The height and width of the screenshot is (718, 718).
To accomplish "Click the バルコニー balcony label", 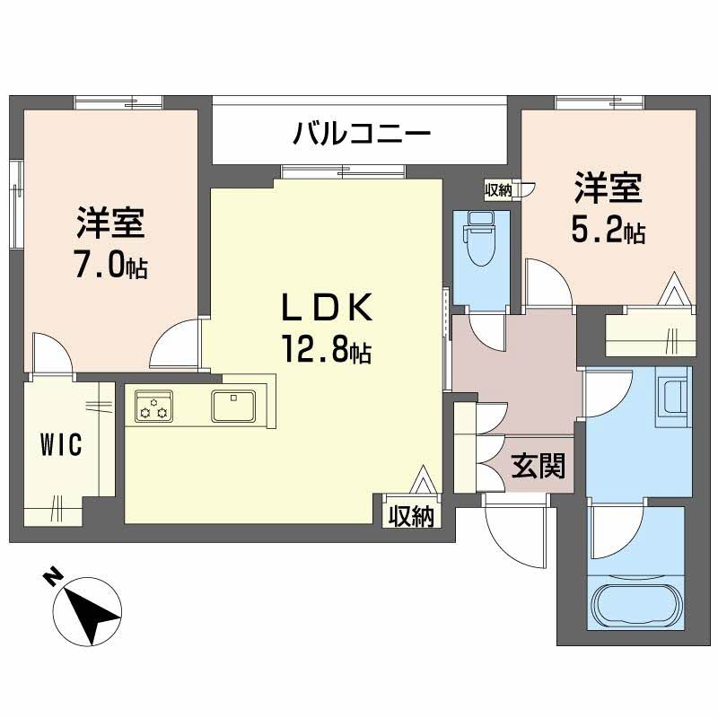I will (363, 135).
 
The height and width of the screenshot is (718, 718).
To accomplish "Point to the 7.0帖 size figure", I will (110, 267).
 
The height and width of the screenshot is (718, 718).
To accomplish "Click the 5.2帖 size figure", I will (608, 231).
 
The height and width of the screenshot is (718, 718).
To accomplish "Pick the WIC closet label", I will (60, 443).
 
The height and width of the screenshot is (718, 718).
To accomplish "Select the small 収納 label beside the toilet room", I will (498, 189).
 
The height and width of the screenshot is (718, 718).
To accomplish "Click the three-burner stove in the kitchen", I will (154, 407).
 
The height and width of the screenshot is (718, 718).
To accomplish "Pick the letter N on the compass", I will (54, 575).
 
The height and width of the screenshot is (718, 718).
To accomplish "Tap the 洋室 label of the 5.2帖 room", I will (608, 190).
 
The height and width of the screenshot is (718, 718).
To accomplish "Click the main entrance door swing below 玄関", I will (516, 530).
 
